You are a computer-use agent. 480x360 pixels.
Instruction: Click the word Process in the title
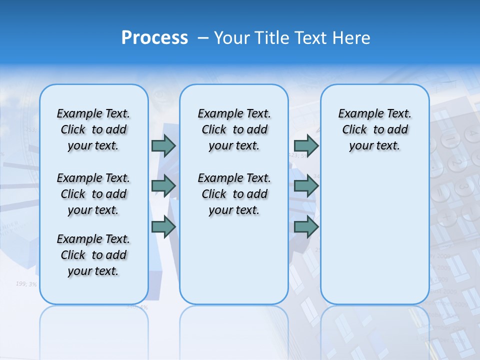point(154,38)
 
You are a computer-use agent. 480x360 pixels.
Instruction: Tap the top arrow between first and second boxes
point(163,145)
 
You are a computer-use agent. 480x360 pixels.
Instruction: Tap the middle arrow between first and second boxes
point(163,186)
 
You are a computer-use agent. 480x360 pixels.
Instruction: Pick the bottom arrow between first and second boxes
point(163,227)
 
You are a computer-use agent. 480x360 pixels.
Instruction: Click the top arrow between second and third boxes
point(306,145)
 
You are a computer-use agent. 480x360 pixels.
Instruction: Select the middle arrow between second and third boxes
point(306,186)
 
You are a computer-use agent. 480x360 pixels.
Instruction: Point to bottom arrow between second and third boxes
point(306,227)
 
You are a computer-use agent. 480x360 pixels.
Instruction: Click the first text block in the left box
point(93,129)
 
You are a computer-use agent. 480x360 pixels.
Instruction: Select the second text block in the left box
point(93,194)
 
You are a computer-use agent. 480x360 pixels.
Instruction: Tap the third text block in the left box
point(93,255)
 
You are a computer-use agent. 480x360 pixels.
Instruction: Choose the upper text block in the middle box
point(234,129)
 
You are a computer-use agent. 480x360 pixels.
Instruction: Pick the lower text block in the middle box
point(234,194)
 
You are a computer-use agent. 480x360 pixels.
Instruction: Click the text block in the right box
point(374,129)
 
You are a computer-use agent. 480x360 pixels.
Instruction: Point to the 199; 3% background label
point(26,284)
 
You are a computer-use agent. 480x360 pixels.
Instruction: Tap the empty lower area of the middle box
point(234,260)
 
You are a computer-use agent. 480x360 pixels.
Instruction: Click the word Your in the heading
point(232,38)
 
